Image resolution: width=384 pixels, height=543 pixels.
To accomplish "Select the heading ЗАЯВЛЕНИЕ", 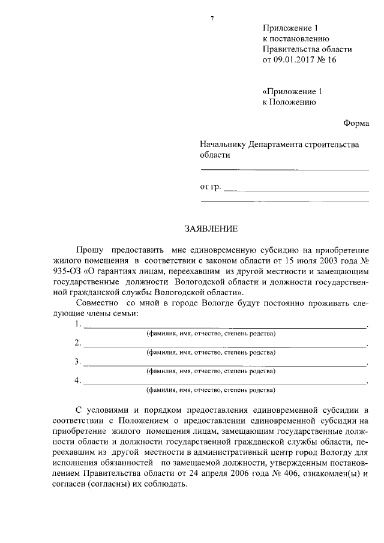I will pyautogui.click(x=211, y=229).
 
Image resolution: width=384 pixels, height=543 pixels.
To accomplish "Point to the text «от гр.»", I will pyautogui.click(x=211, y=187).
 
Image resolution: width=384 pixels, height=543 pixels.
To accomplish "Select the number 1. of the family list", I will pyautogui.click(x=77, y=324).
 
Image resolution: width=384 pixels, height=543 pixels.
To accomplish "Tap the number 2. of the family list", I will pyautogui.click(x=77, y=343).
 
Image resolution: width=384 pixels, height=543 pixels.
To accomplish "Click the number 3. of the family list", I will pyautogui.click(x=77, y=362).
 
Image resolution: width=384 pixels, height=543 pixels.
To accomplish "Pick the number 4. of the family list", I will pyautogui.click(x=77, y=380).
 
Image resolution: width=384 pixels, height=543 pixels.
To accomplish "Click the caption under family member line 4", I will pyautogui.click(x=211, y=389).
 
